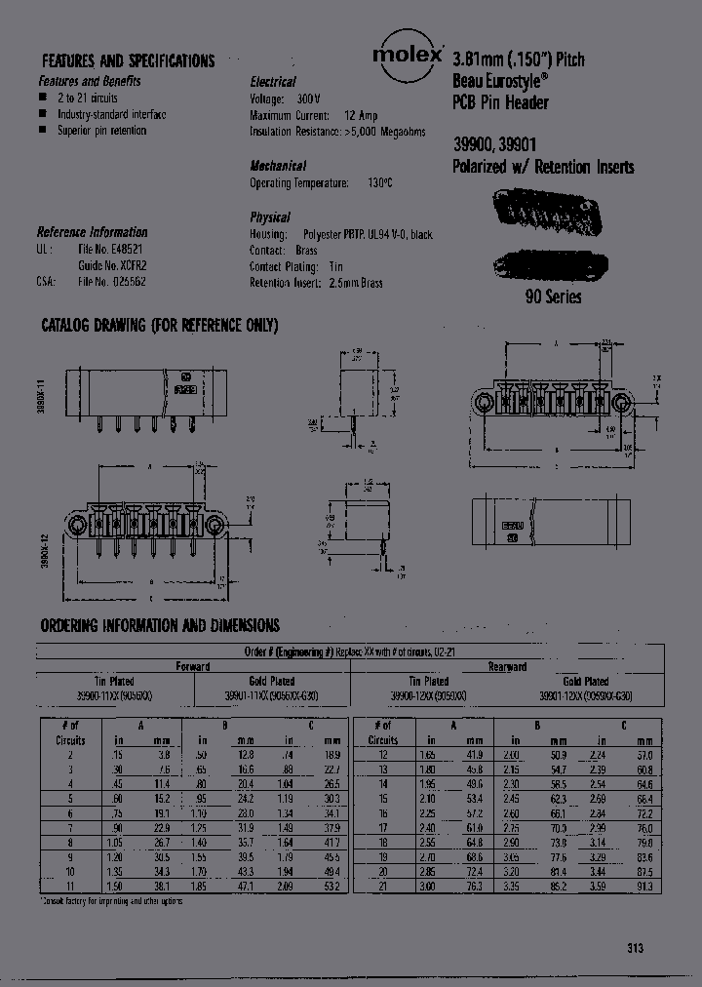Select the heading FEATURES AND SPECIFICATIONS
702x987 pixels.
tap(126, 60)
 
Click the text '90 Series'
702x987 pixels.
tap(554, 296)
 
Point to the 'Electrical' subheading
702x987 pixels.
tap(273, 82)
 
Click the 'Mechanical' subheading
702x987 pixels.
tap(278, 166)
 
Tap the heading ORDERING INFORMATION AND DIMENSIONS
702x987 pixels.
tap(160, 625)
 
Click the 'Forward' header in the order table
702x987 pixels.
tap(192, 667)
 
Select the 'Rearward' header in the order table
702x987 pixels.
tap(506, 667)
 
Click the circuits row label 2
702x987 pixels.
tap(70, 754)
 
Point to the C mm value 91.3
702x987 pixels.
tap(644, 886)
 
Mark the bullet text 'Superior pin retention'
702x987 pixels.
tap(101, 130)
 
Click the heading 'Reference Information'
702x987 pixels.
tap(92, 232)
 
